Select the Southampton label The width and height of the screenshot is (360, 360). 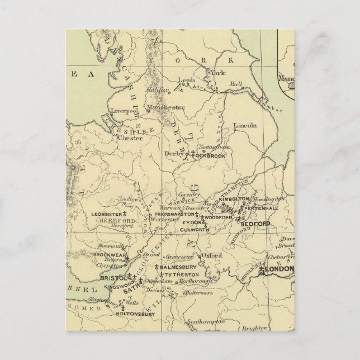(x=205, y=321)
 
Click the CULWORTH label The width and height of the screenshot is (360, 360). (x=195, y=229)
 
